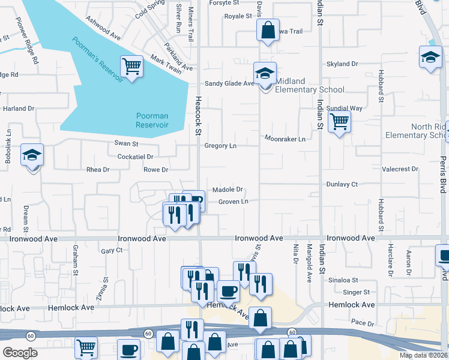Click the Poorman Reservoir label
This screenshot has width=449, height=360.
point(151,120)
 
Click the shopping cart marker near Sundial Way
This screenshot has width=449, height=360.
point(340,122)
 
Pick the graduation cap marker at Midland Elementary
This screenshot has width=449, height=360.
point(265,74)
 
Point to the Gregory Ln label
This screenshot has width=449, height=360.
point(220,146)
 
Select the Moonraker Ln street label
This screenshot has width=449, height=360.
point(286,139)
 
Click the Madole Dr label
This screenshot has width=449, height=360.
point(228,189)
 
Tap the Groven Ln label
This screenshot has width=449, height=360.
point(233,202)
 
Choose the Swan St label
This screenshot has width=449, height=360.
point(126,144)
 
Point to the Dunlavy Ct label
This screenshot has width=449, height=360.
point(342,184)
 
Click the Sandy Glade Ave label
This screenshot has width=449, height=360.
point(230,83)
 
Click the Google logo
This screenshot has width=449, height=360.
point(20,352)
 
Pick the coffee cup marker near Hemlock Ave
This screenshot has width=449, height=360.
point(228,292)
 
